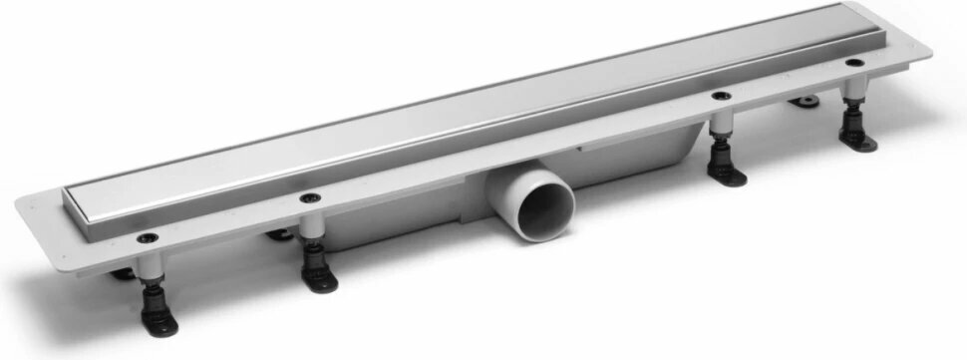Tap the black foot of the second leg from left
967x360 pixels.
point(318,279)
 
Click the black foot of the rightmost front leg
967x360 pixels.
point(857,136)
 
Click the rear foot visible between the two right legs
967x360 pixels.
point(802,101)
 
